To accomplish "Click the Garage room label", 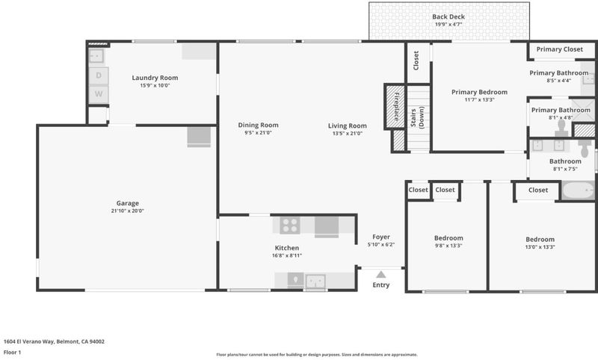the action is pos(127,203).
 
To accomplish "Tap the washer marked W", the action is pos(99,93).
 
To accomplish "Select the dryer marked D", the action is pos(99,75).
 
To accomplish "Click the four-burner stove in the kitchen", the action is pos(290,225).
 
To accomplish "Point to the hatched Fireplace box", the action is pos(395,106).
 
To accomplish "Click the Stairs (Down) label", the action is pos(417,119).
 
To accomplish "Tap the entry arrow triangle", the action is pos(380,274).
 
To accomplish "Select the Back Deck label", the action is pos(448,16).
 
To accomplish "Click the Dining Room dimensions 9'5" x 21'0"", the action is pos(258,133).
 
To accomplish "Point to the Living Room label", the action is pos(348,125).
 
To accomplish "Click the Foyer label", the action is pos(381,237).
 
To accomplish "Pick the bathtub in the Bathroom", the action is pos(578,190).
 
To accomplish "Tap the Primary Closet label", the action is pos(559,49).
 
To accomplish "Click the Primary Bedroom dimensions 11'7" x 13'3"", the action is pos(479,100).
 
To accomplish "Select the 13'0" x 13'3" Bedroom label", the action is pos(540,239).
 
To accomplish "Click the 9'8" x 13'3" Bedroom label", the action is pos(449,238).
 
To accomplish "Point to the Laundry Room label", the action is pos(155,78).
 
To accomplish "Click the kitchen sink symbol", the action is pos(315,282).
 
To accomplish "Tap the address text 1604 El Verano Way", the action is pos(29,342).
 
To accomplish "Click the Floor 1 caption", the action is pos(12,353).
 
